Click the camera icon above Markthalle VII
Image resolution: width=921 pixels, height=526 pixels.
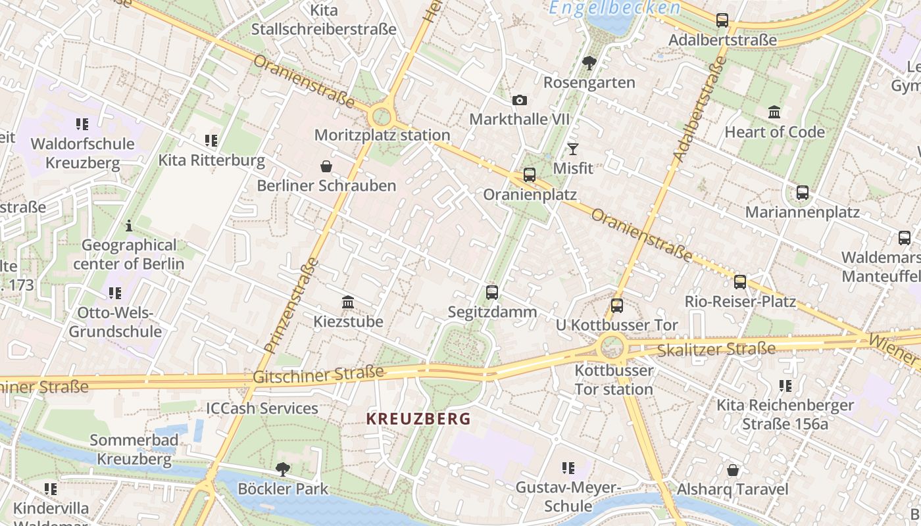[x=520, y=100]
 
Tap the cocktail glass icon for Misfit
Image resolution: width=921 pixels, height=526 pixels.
[x=573, y=149]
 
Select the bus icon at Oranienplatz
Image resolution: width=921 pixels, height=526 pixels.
[x=530, y=175]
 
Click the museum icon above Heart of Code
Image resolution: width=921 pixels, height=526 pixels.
[x=774, y=112]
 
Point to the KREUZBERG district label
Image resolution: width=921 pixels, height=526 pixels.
[x=418, y=419]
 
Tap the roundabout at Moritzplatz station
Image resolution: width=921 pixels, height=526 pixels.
[x=381, y=118]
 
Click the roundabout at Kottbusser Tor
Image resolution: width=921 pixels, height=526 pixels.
[x=612, y=346]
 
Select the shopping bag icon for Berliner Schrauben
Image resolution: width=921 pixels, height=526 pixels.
[x=326, y=166]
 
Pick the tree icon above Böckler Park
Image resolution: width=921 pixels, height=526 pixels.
[x=283, y=469]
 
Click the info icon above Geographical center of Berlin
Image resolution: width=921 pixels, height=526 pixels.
[x=129, y=226]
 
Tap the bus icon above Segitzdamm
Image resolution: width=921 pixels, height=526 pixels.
[x=492, y=293]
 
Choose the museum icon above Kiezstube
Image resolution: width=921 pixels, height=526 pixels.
[x=348, y=302]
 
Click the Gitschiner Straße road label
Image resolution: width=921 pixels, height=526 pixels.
[x=318, y=375]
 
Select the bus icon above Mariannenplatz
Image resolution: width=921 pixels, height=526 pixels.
[x=803, y=193]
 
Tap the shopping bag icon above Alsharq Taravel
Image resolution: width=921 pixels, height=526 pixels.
[x=733, y=470]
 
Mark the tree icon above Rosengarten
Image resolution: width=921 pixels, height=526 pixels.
[x=589, y=63]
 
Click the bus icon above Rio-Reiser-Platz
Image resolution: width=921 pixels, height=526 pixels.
[x=740, y=282]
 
